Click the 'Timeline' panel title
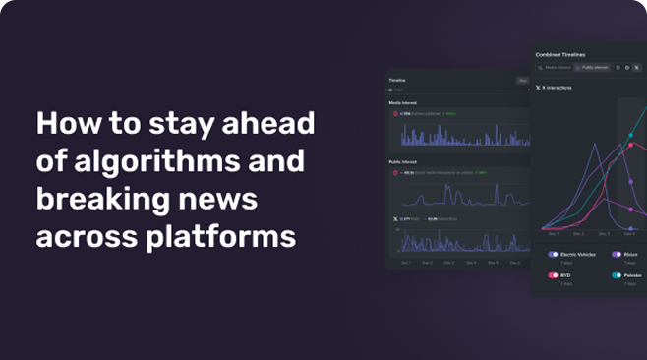coord(397,80)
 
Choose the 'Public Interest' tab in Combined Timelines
coord(593,68)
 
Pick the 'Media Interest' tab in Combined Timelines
coord(555,68)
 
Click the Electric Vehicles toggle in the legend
coord(554,255)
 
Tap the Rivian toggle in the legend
coord(617,255)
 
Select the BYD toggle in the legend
coord(554,275)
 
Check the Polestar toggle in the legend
coord(617,275)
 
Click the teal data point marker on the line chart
coord(630,135)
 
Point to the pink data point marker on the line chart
coord(630,146)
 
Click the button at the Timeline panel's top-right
coord(523,80)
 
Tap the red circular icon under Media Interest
coord(396,114)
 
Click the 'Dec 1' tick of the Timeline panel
coord(406,263)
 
